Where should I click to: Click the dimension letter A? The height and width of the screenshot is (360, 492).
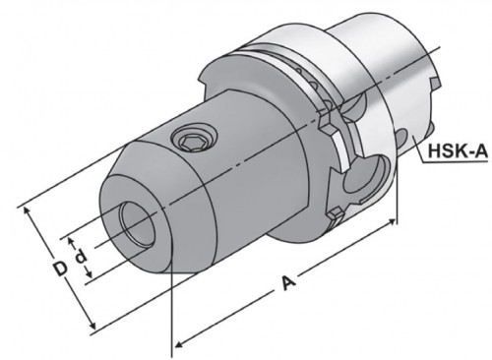point(288,282)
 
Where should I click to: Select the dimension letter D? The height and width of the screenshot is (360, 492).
point(61,269)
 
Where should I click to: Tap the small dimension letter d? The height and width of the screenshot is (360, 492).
point(81,257)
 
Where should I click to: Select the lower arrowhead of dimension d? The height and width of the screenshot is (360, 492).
point(89,272)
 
